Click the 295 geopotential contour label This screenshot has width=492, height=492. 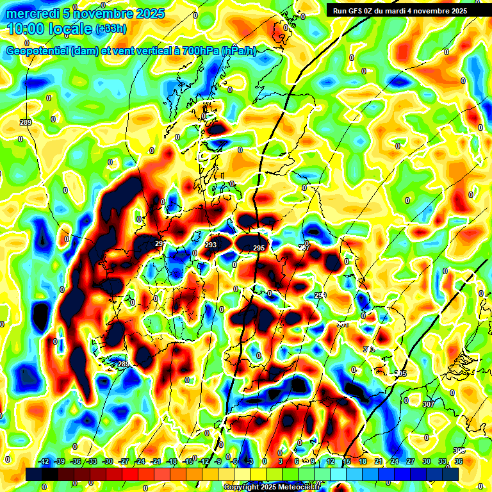tap(259, 248)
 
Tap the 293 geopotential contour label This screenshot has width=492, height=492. tap(211, 245)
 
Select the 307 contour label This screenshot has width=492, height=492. tap(428, 404)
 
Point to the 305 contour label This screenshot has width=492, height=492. tap(400, 373)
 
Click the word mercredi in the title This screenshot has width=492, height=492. tap(35, 13)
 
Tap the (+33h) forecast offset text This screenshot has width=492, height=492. tap(111, 29)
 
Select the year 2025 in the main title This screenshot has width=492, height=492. tap(145, 13)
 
